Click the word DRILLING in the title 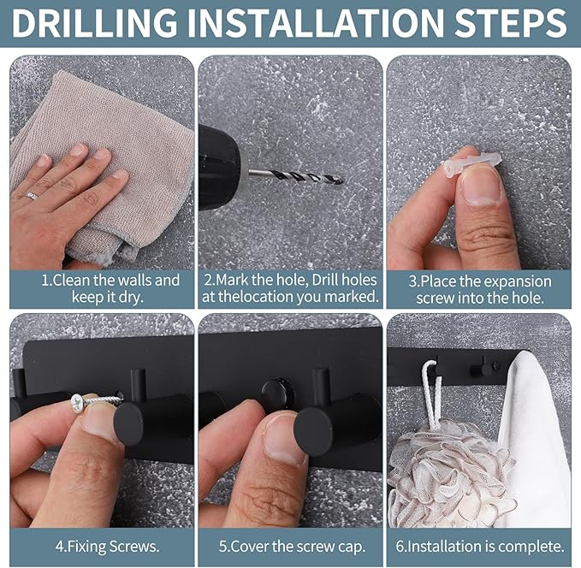pyautogui.click(x=95, y=22)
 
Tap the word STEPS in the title pyautogui.click(x=512, y=22)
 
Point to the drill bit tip pyautogui.click(x=341, y=181)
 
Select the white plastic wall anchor pyautogui.click(x=472, y=164)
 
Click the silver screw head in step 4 pyautogui.click(x=79, y=401)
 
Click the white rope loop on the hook pyautogui.click(x=432, y=393)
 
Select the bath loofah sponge pyautogui.click(x=449, y=474)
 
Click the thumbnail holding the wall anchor pyautogui.click(x=481, y=189)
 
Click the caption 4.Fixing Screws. pyautogui.click(x=107, y=547)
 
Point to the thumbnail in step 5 pyautogui.click(x=283, y=438)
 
